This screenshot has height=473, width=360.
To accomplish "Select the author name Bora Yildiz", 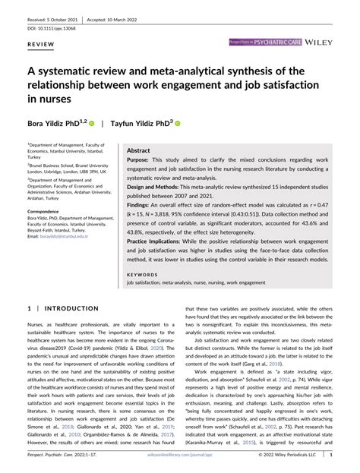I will pos(51,121).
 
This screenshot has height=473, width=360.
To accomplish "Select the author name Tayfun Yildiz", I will pos(139,121).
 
